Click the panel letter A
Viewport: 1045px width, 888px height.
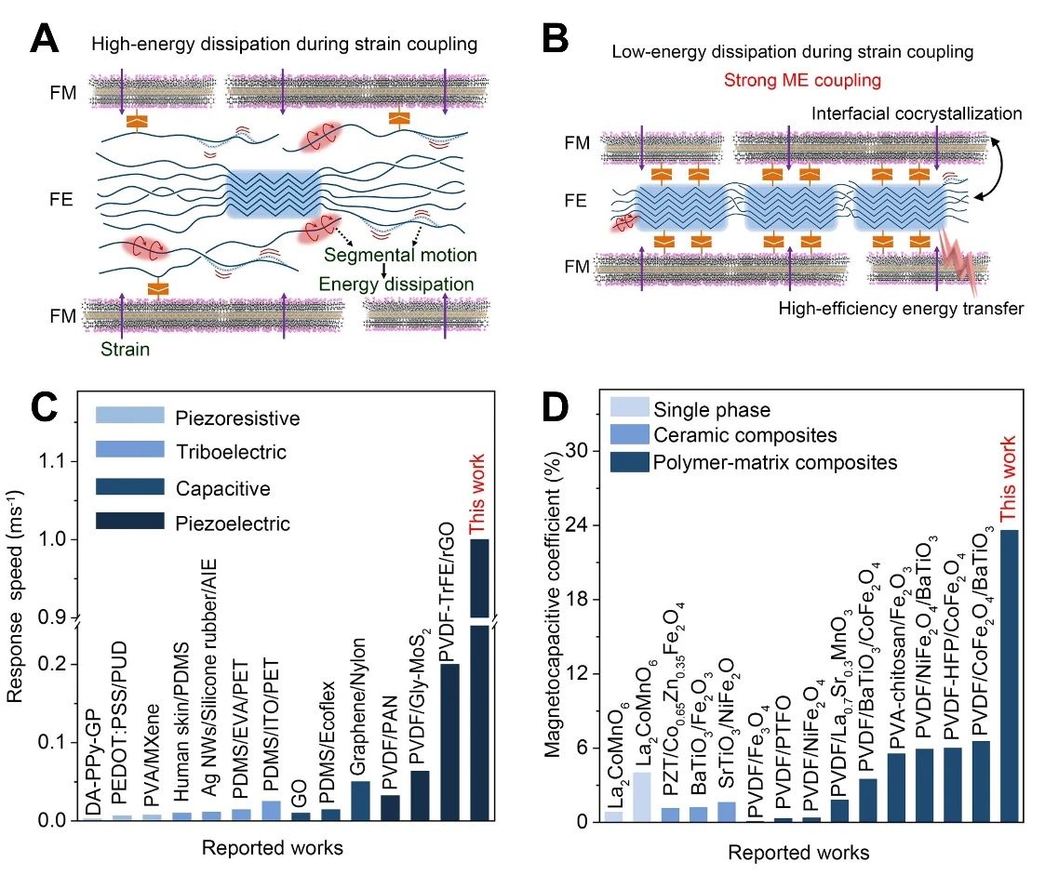(47, 41)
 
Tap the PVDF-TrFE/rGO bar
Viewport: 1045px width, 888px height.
(449, 741)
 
